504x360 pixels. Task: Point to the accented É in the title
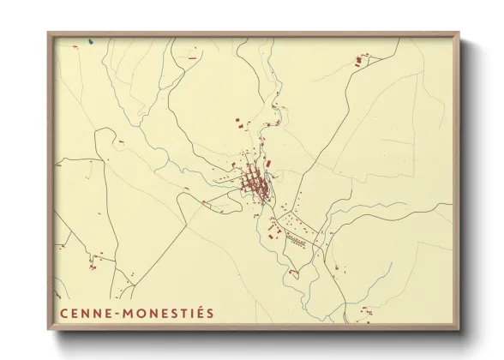pyautogui.click(x=196, y=313)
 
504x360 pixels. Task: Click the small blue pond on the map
pyautogui.click(x=90, y=41)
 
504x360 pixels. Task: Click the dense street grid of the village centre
pyautogui.click(x=253, y=183)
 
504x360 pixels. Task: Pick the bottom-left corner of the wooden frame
pyautogui.click(x=49, y=330)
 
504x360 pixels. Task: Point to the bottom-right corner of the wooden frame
pyautogui.click(x=459, y=330)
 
